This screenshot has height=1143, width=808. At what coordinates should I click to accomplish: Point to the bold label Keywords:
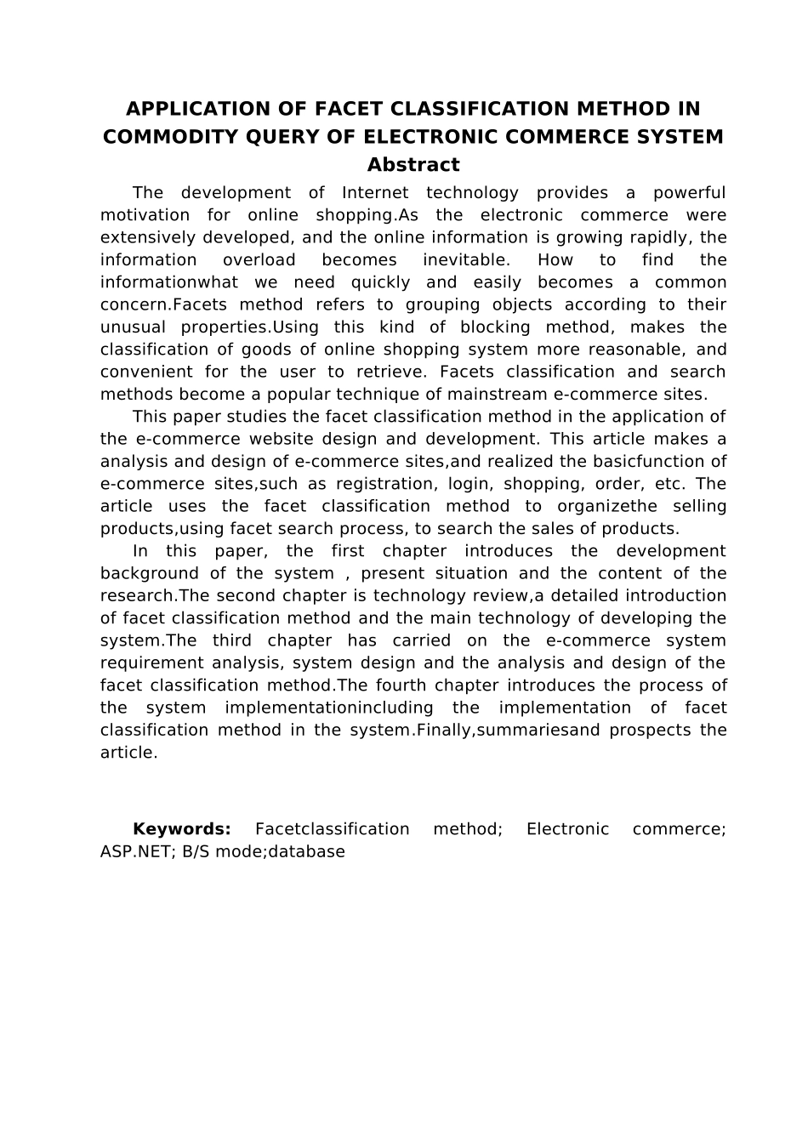[182, 829]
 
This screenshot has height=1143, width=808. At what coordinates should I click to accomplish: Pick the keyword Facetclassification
[333, 829]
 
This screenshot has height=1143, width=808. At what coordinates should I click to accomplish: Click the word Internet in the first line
[375, 193]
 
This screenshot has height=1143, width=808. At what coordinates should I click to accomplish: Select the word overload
[259, 260]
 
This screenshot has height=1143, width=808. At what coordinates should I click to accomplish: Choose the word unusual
[131, 327]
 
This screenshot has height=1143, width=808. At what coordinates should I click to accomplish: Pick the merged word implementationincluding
[329, 708]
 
